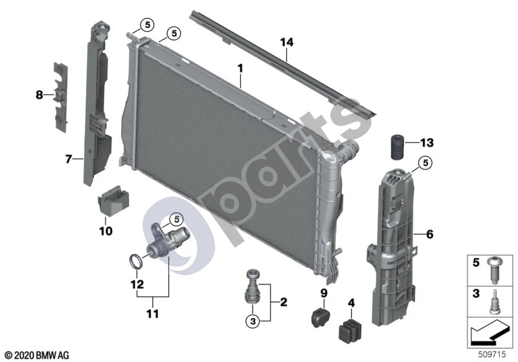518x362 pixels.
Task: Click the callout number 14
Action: (286, 43)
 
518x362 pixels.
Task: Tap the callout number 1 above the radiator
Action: (240, 69)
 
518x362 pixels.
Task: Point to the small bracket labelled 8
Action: (60, 96)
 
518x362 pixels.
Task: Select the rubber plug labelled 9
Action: (321, 317)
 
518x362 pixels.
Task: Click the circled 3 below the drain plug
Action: (253, 321)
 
